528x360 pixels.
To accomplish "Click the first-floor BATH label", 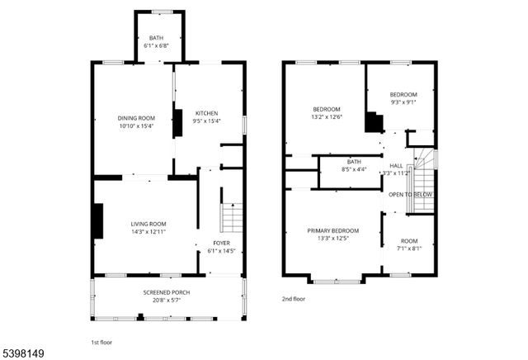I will point(157,38).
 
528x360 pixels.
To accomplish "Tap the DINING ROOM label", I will point(136,118).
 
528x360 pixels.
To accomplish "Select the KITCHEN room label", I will point(206,113).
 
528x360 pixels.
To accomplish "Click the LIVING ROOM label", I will point(148,224).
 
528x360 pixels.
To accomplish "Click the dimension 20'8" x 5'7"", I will point(167,301).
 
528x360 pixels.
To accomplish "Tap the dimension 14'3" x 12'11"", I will point(148,231).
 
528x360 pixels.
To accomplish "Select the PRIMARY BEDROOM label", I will point(333,230).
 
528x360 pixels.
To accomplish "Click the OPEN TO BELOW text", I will point(411,195).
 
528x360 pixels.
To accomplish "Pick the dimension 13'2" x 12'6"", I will point(327,116).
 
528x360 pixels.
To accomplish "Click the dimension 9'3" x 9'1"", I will point(403,102).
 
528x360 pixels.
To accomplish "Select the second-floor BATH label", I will point(354,161).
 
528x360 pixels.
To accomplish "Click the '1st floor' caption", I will point(101,342).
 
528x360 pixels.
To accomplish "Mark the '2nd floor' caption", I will point(294,299).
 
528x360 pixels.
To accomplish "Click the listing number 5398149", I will point(23,353).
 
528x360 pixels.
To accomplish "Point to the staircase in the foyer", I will point(232,220).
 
